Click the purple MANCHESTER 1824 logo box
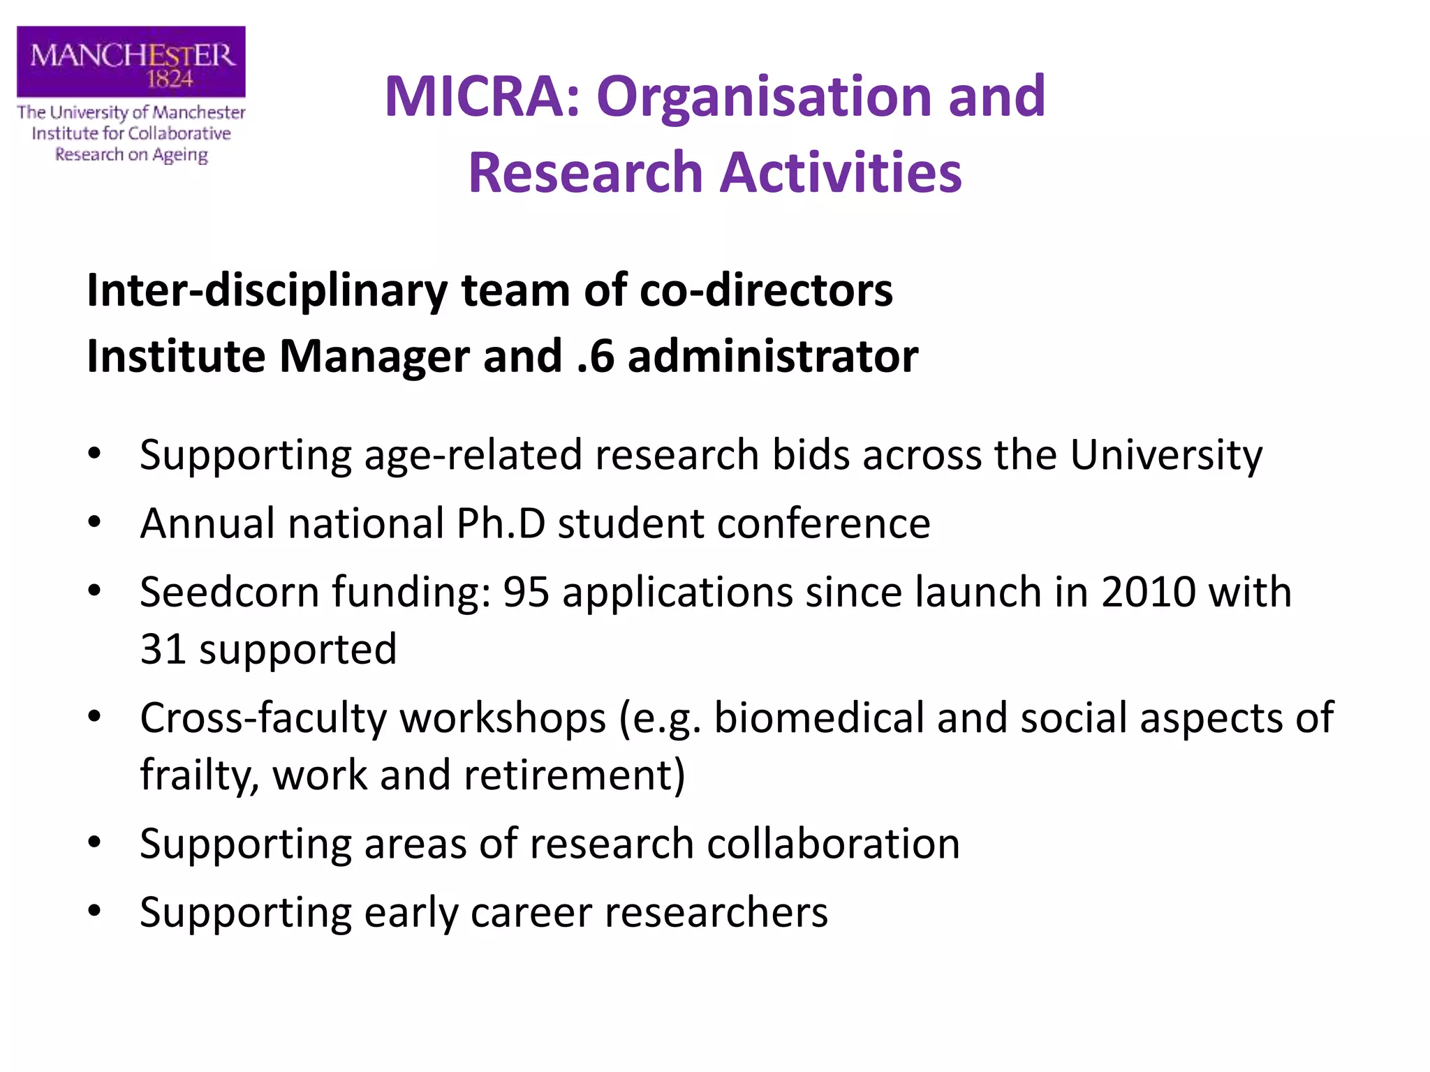pyautogui.click(x=131, y=61)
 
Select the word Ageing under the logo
pyautogui.click(x=180, y=155)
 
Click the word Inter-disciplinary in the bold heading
pyautogui.click(x=267, y=290)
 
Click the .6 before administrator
pyautogui.click(x=596, y=357)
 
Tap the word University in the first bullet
pyautogui.click(x=1165, y=455)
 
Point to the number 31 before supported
pyautogui.click(x=162, y=649)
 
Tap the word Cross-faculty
pyautogui.click(x=264, y=718)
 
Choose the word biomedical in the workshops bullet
pyautogui.click(x=818, y=718)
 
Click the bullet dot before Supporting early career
pyautogui.click(x=95, y=911)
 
